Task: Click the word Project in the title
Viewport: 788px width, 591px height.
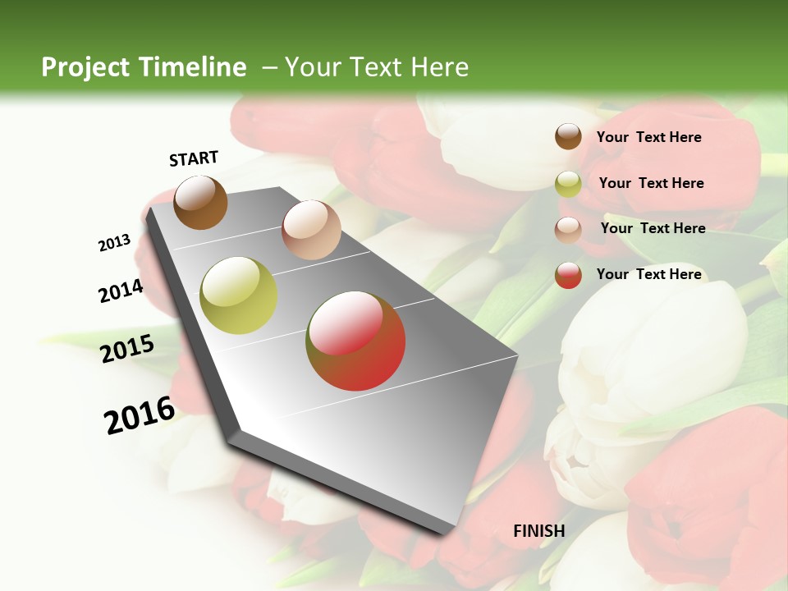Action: coord(86,67)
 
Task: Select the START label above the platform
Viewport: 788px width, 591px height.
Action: coord(194,158)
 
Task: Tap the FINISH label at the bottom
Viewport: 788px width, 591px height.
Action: coord(538,531)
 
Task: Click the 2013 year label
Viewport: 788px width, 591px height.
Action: coord(114,243)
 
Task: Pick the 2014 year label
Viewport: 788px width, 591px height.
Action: coord(121,291)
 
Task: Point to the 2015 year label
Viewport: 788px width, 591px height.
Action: coord(127,349)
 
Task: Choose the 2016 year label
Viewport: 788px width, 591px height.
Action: coord(140,415)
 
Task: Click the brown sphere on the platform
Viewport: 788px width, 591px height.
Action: coord(200,202)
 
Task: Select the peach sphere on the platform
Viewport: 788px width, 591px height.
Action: coord(311,230)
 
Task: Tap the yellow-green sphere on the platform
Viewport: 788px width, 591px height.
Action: coord(239,295)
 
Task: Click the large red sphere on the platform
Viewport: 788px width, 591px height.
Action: coord(355,341)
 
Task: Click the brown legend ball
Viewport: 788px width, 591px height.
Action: coord(568,136)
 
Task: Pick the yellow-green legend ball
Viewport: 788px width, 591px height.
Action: coord(568,184)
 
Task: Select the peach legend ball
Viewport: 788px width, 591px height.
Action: coord(568,230)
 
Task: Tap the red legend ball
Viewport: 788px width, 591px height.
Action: coord(568,275)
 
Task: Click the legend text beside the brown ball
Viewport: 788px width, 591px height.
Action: coord(648,137)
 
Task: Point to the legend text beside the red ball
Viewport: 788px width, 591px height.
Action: coord(648,274)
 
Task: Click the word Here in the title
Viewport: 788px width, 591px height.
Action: coord(439,67)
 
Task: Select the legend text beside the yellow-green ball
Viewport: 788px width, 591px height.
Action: coord(651,183)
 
